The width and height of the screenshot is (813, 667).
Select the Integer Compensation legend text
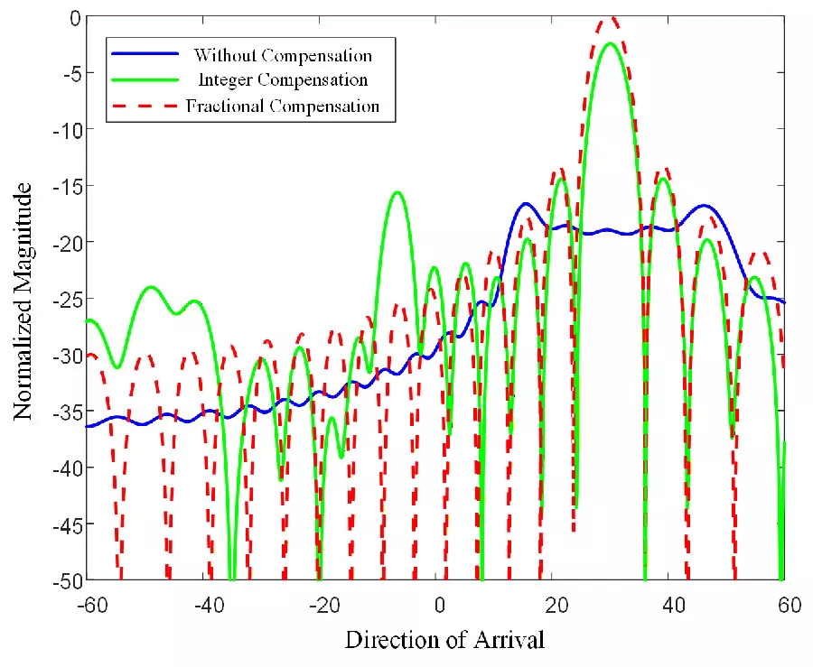coord(283,80)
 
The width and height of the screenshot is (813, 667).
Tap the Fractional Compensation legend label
coord(283,107)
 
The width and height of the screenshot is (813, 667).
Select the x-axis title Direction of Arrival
coord(444,642)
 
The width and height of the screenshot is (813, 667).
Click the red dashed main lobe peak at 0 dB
coord(612,17)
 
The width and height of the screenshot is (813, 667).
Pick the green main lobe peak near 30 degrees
coord(612,43)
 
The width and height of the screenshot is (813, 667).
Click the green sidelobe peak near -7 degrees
coord(397,192)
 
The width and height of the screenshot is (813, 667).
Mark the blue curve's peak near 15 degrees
coord(526,204)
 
